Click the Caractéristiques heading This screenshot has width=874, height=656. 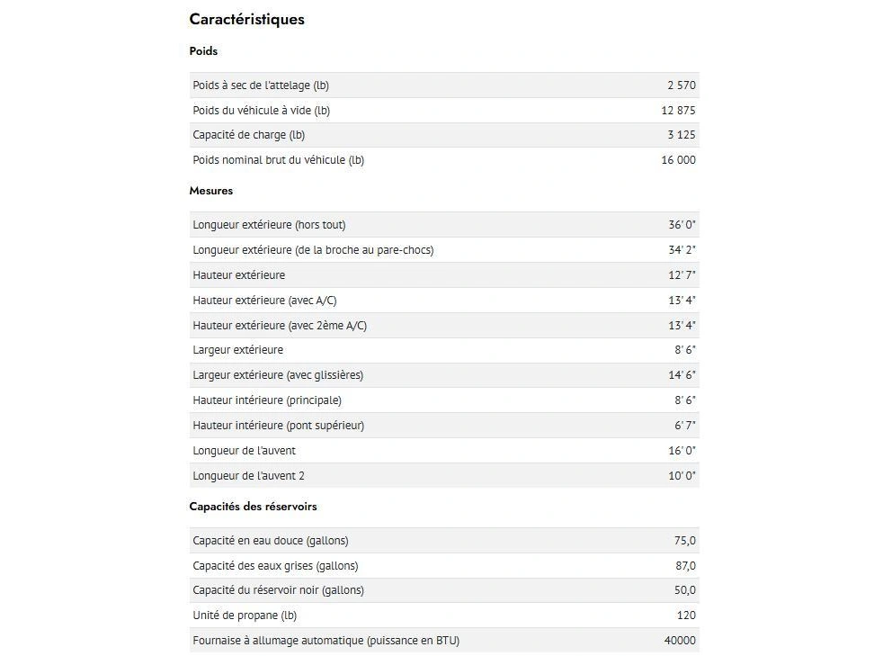pyautogui.click(x=246, y=19)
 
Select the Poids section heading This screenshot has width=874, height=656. pyautogui.click(x=203, y=51)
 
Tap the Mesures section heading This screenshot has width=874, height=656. pyautogui.click(x=210, y=191)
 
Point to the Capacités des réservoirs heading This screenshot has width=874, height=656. pyautogui.click(x=253, y=507)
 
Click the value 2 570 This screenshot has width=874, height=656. pyautogui.click(x=681, y=85)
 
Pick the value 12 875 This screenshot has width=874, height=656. pyautogui.click(x=678, y=111)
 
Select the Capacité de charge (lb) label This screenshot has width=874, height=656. pyautogui.click(x=248, y=135)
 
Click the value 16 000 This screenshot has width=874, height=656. pyautogui.click(x=678, y=160)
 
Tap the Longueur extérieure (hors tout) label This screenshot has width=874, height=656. pyautogui.click(x=269, y=225)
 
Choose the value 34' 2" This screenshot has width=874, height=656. pyautogui.click(x=682, y=250)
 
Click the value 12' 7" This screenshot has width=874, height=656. pyautogui.click(x=682, y=275)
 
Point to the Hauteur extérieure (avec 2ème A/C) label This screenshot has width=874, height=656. pyautogui.click(x=279, y=326)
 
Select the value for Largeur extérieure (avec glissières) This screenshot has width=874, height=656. pyautogui.click(x=682, y=375)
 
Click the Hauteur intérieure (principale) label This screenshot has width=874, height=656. pyautogui.click(x=266, y=400)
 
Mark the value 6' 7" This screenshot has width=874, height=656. pyautogui.click(x=684, y=426)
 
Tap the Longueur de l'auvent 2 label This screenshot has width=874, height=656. pyautogui.click(x=248, y=476)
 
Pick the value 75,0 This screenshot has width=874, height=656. pyautogui.click(x=684, y=541)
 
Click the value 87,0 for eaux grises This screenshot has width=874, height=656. pyautogui.click(x=684, y=566)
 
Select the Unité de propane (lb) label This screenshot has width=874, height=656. pyautogui.click(x=244, y=616)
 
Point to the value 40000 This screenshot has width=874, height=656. pyautogui.click(x=679, y=641)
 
